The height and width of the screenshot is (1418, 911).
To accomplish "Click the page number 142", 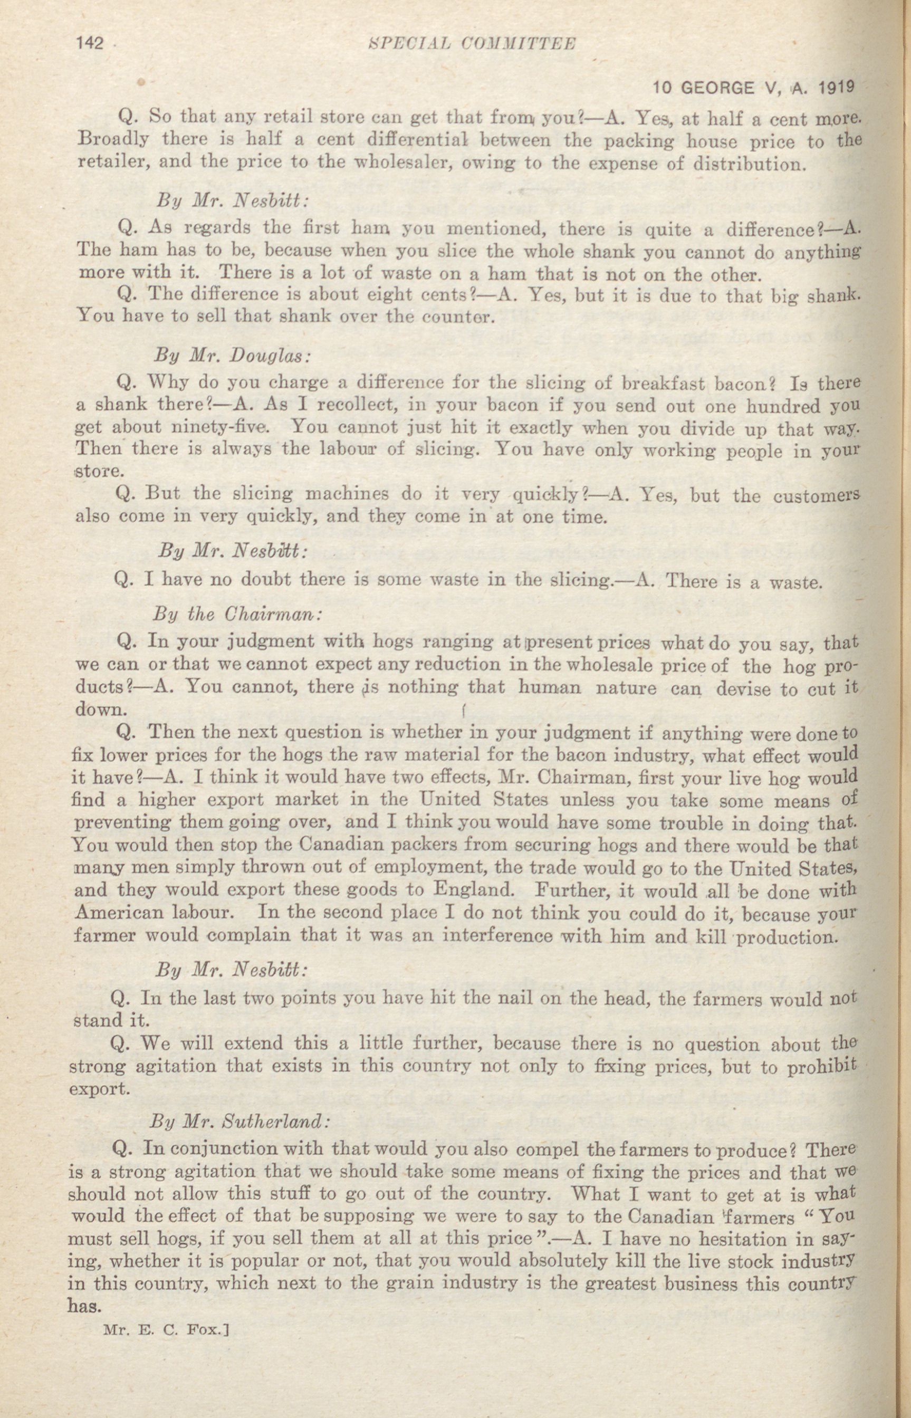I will pos(90,44).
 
